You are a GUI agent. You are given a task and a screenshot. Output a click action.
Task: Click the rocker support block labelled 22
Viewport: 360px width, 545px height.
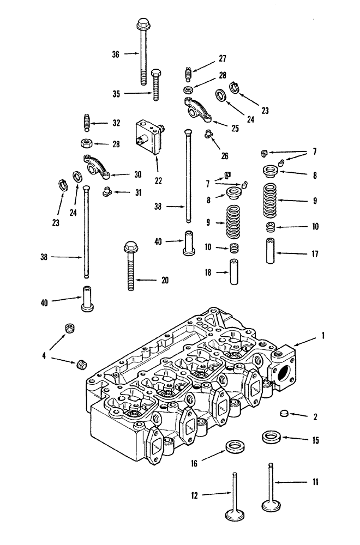[149, 138]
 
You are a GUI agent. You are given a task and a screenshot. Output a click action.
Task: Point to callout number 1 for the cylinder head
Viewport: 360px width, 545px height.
[323, 336]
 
